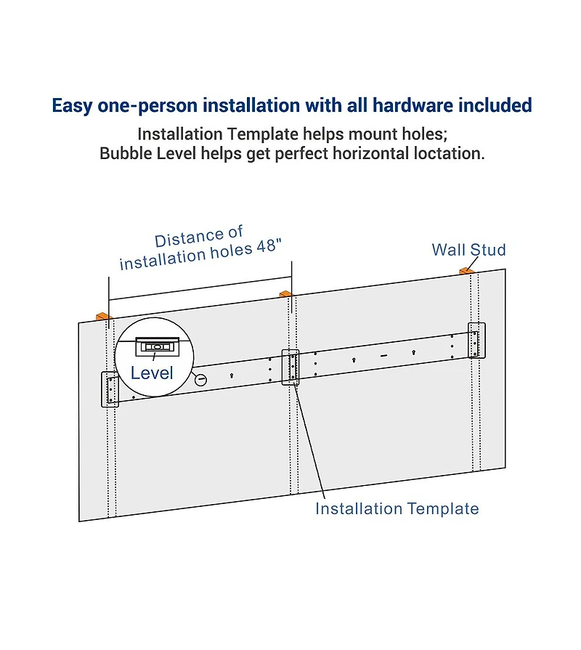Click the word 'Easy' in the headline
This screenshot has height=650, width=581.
[x=74, y=105]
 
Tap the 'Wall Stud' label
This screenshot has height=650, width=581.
[x=468, y=250]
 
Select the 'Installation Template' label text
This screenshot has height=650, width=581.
[x=397, y=508]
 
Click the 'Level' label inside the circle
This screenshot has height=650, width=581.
[x=152, y=373]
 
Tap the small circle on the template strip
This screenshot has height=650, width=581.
[x=201, y=379]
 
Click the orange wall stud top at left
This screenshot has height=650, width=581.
[x=102, y=316]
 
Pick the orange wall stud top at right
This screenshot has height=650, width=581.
[x=466, y=270]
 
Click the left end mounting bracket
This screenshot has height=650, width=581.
[x=110, y=389]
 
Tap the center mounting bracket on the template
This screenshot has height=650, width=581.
[x=291, y=366]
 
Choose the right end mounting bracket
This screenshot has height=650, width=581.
[x=476, y=340]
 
